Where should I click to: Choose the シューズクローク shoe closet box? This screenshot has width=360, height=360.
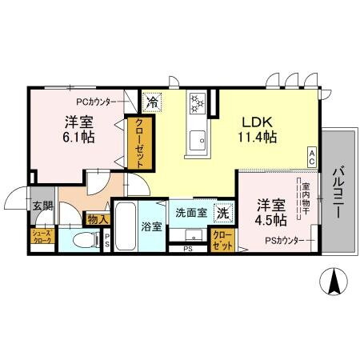click(42, 237)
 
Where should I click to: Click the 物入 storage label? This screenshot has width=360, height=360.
click(97, 218)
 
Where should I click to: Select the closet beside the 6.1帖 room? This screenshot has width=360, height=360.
click(138, 142)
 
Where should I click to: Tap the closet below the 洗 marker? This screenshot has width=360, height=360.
click(222, 240)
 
